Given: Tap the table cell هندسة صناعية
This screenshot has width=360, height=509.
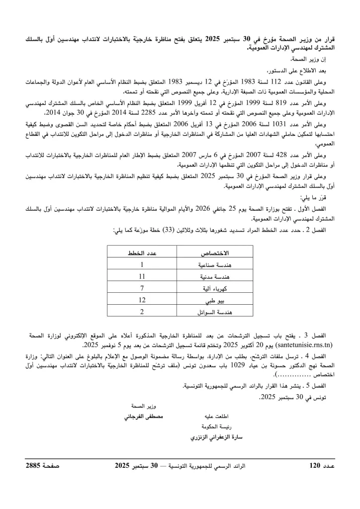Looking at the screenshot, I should point(216,265).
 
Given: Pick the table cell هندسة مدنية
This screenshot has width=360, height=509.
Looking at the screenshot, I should point(216,276).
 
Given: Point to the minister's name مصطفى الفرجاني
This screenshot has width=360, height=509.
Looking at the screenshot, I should point(144,415).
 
